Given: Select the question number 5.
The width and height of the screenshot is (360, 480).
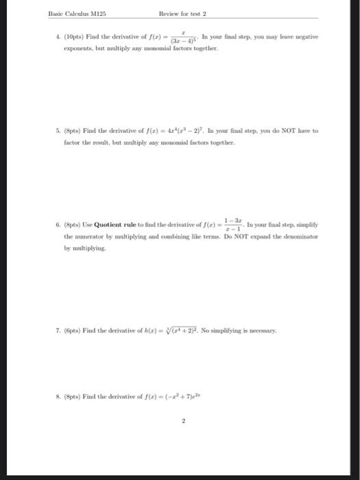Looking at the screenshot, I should pyautogui.click(x=53, y=130).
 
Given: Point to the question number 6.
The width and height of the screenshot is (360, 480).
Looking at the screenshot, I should pyautogui.click(x=53, y=224).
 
